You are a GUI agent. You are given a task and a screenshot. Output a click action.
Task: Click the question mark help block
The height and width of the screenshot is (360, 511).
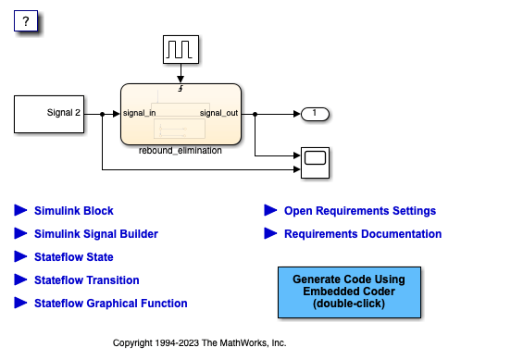click(x=26, y=21)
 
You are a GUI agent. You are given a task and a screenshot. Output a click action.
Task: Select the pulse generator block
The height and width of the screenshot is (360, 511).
click(x=181, y=50)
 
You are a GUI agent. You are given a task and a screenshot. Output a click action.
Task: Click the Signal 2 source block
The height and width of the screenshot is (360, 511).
click(x=49, y=114)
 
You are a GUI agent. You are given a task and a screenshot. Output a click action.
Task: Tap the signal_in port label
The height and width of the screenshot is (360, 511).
click(x=139, y=113)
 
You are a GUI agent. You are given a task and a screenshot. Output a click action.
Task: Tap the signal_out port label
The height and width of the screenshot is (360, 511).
click(x=218, y=113)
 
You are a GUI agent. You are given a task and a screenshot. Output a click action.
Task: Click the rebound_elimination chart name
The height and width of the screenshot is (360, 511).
click(x=181, y=151)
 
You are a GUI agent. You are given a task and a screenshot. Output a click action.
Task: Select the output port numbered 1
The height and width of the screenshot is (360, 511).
click(x=315, y=114)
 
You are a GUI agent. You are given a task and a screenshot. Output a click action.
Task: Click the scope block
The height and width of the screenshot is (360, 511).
click(x=315, y=163)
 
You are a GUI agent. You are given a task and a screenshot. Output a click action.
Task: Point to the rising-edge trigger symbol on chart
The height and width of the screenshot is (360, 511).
click(x=181, y=88)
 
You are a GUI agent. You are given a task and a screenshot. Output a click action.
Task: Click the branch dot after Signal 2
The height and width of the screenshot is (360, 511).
click(x=103, y=114)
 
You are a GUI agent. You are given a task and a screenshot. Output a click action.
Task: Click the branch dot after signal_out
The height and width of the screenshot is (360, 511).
click(x=255, y=114)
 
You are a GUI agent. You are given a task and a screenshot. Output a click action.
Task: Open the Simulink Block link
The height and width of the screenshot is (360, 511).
click(x=74, y=211)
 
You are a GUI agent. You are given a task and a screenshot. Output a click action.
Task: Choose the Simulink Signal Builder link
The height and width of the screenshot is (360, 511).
click(x=96, y=234)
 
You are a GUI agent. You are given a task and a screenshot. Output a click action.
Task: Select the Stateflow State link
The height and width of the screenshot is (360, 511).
click(x=74, y=257)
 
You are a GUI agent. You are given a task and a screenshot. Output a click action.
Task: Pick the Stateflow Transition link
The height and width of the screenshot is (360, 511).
click(x=87, y=280)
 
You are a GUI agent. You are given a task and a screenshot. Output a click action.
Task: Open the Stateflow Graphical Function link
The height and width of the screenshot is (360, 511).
click(x=111, y=304)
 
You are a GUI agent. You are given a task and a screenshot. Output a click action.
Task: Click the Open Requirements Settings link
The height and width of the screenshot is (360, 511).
click(x=360, y=211)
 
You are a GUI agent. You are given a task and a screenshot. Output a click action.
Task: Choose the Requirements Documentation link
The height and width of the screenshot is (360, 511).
click(x=363, y=234)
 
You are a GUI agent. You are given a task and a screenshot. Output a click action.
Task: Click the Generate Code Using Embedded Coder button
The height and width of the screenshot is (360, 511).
click(x=349, y=292)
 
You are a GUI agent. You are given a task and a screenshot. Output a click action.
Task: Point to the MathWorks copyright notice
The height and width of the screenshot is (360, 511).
click(x=199, y=343)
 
